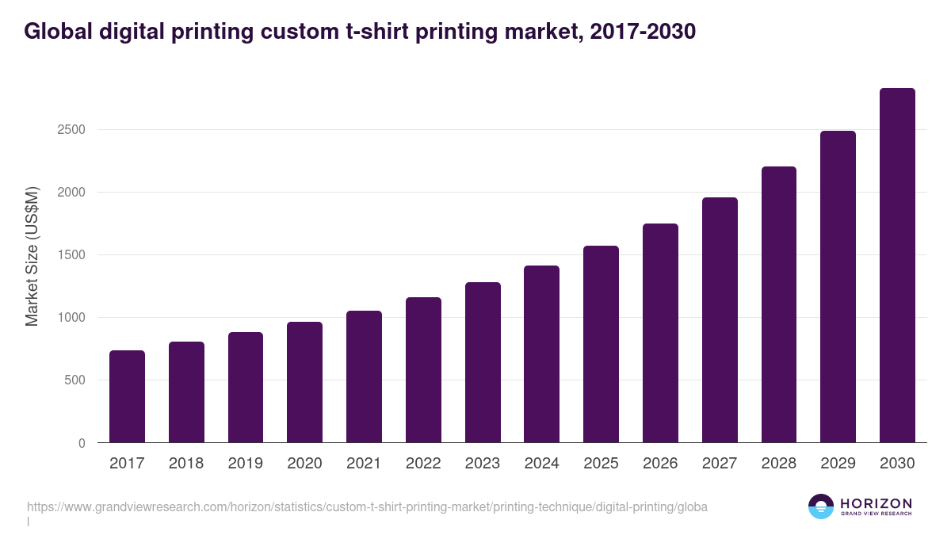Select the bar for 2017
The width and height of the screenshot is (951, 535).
[127, 396]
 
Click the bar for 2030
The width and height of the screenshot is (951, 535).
[897, 266]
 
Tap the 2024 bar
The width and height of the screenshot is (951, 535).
[541, 354]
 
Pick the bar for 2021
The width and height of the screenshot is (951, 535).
[364, 376]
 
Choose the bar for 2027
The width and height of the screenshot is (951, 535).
[720, 320]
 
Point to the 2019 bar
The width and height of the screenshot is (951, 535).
[246, 388]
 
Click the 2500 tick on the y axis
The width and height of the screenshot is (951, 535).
[71, 130]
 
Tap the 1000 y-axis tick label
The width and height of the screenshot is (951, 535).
[71, 318]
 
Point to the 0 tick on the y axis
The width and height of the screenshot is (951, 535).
[82, 443]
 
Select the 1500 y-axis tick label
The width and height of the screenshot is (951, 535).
[71, 255]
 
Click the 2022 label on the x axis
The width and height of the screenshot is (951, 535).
[423, 464]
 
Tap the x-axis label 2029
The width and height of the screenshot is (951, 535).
[838, 464]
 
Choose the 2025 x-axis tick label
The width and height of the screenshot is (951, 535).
[601, 464]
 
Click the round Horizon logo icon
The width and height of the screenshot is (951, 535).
[821, 506]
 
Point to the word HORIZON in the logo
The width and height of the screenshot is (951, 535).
[876, 503]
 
